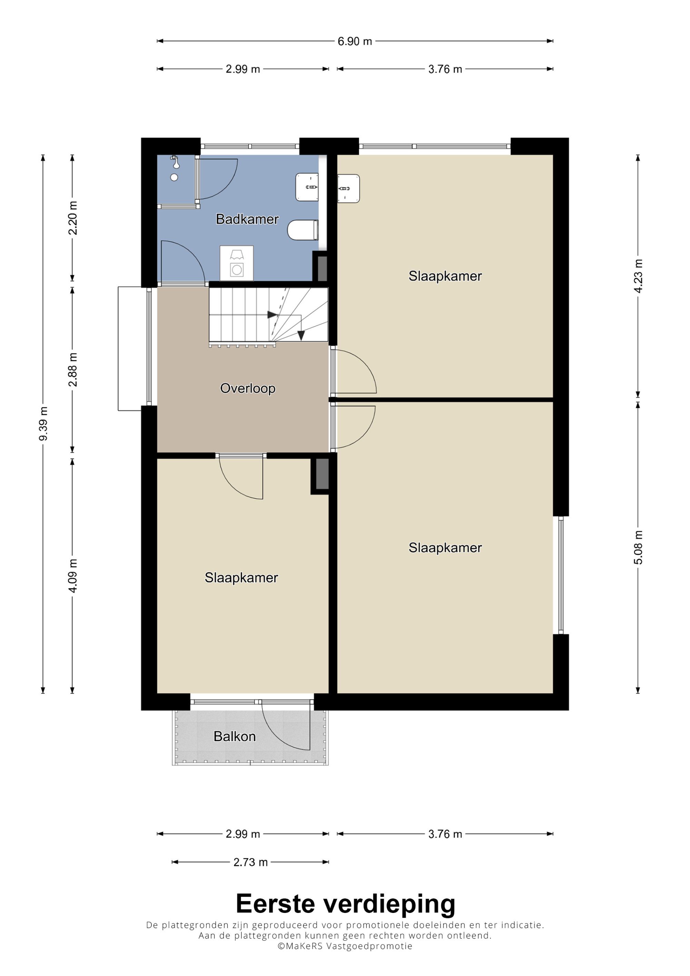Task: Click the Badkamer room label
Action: (x=247, y=219)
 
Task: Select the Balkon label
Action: (x=235, y=736)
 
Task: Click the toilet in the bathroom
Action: (x=303, y=230)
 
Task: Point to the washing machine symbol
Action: (x=236, y=263)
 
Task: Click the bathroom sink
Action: (x=307, y=187)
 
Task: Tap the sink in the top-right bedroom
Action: (x=348, y=188)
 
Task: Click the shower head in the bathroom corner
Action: (x=175, y=163)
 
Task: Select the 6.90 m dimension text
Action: (x=355, y=41)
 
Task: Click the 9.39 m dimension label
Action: (x=43, y=424)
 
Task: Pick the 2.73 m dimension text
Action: (x=250, y=862)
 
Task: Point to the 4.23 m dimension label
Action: (x=638, y=276)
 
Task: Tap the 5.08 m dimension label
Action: (x=638, y=548)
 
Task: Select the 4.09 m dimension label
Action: (x=73, y=576)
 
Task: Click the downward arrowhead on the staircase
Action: (x=301, y=336)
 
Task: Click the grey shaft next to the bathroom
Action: (x=322, y=268)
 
